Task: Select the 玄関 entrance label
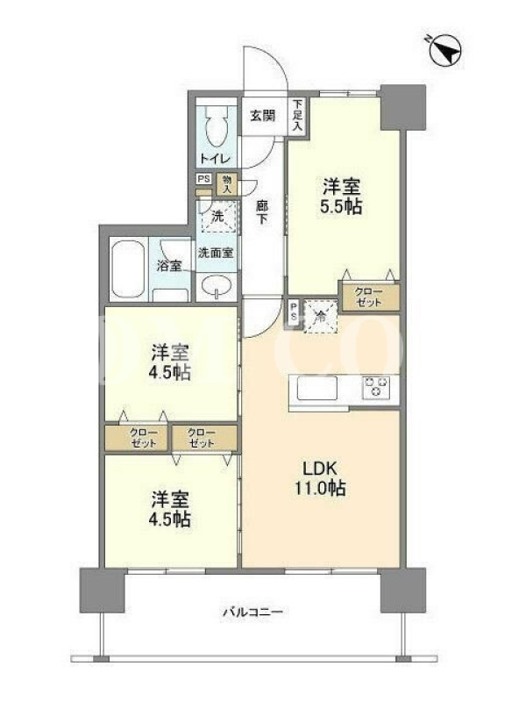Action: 262,116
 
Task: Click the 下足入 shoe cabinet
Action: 297,116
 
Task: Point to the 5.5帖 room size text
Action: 340,206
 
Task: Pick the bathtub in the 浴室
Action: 128,270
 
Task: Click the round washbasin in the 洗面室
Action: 217,286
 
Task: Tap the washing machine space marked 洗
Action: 217,217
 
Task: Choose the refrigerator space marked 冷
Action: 320,316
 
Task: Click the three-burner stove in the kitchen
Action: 376,386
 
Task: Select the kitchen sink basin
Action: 316,388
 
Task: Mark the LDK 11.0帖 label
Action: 320,478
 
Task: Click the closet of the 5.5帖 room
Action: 369,297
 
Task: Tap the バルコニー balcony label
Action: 252,612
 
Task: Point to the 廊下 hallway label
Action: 261,212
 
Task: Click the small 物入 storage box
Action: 227,184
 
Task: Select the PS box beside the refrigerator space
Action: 294,310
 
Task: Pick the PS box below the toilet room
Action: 204,179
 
